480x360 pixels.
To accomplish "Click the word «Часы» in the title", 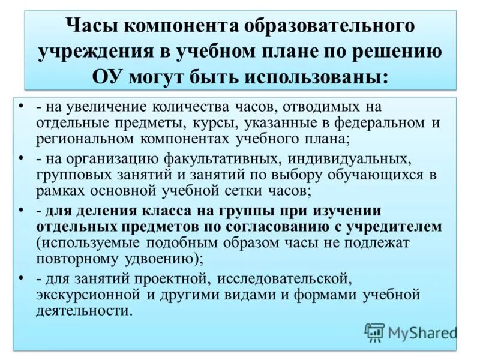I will coord(91,26).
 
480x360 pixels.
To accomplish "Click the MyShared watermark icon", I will coord(375,332).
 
